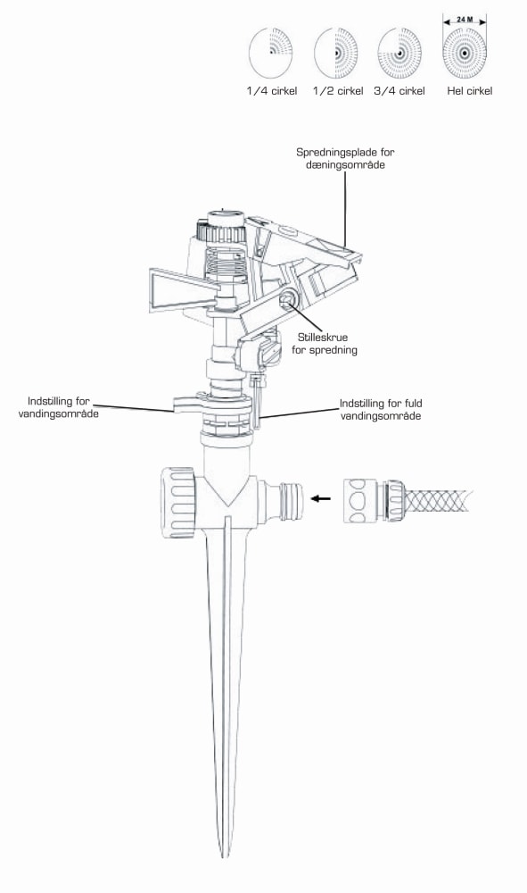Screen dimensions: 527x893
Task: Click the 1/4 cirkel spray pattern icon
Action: (270, 54)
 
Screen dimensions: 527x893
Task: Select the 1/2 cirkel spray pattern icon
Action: (336, 54)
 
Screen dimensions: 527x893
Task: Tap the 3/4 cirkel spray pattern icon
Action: (399, 54)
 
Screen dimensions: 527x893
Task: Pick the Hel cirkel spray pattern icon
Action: (465, 54)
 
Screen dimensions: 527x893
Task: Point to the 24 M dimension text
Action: (465, 20)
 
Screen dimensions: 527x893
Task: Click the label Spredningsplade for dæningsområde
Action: (345, 158)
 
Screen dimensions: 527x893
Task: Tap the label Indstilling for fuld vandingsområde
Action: (381, 410)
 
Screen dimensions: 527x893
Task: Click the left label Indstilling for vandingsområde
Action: (58, 407)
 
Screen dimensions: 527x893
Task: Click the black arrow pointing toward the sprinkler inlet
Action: (321, 498)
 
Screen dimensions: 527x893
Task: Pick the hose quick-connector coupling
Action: (375, 500)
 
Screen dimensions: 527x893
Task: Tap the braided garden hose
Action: (439, 500)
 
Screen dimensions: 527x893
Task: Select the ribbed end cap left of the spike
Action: (178, 502)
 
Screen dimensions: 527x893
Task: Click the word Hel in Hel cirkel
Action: (456, 91)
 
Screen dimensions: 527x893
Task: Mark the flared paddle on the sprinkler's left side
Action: (183, 289)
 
